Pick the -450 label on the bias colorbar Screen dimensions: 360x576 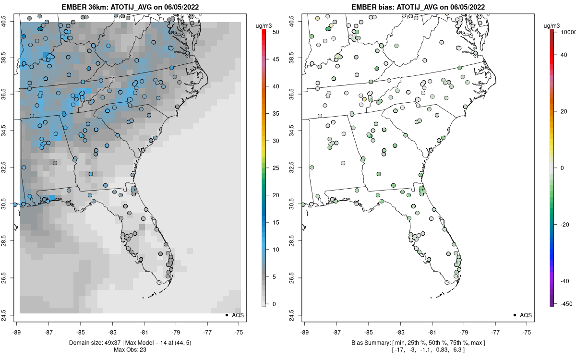point(566,304)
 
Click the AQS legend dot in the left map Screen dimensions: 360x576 point(226,315)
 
